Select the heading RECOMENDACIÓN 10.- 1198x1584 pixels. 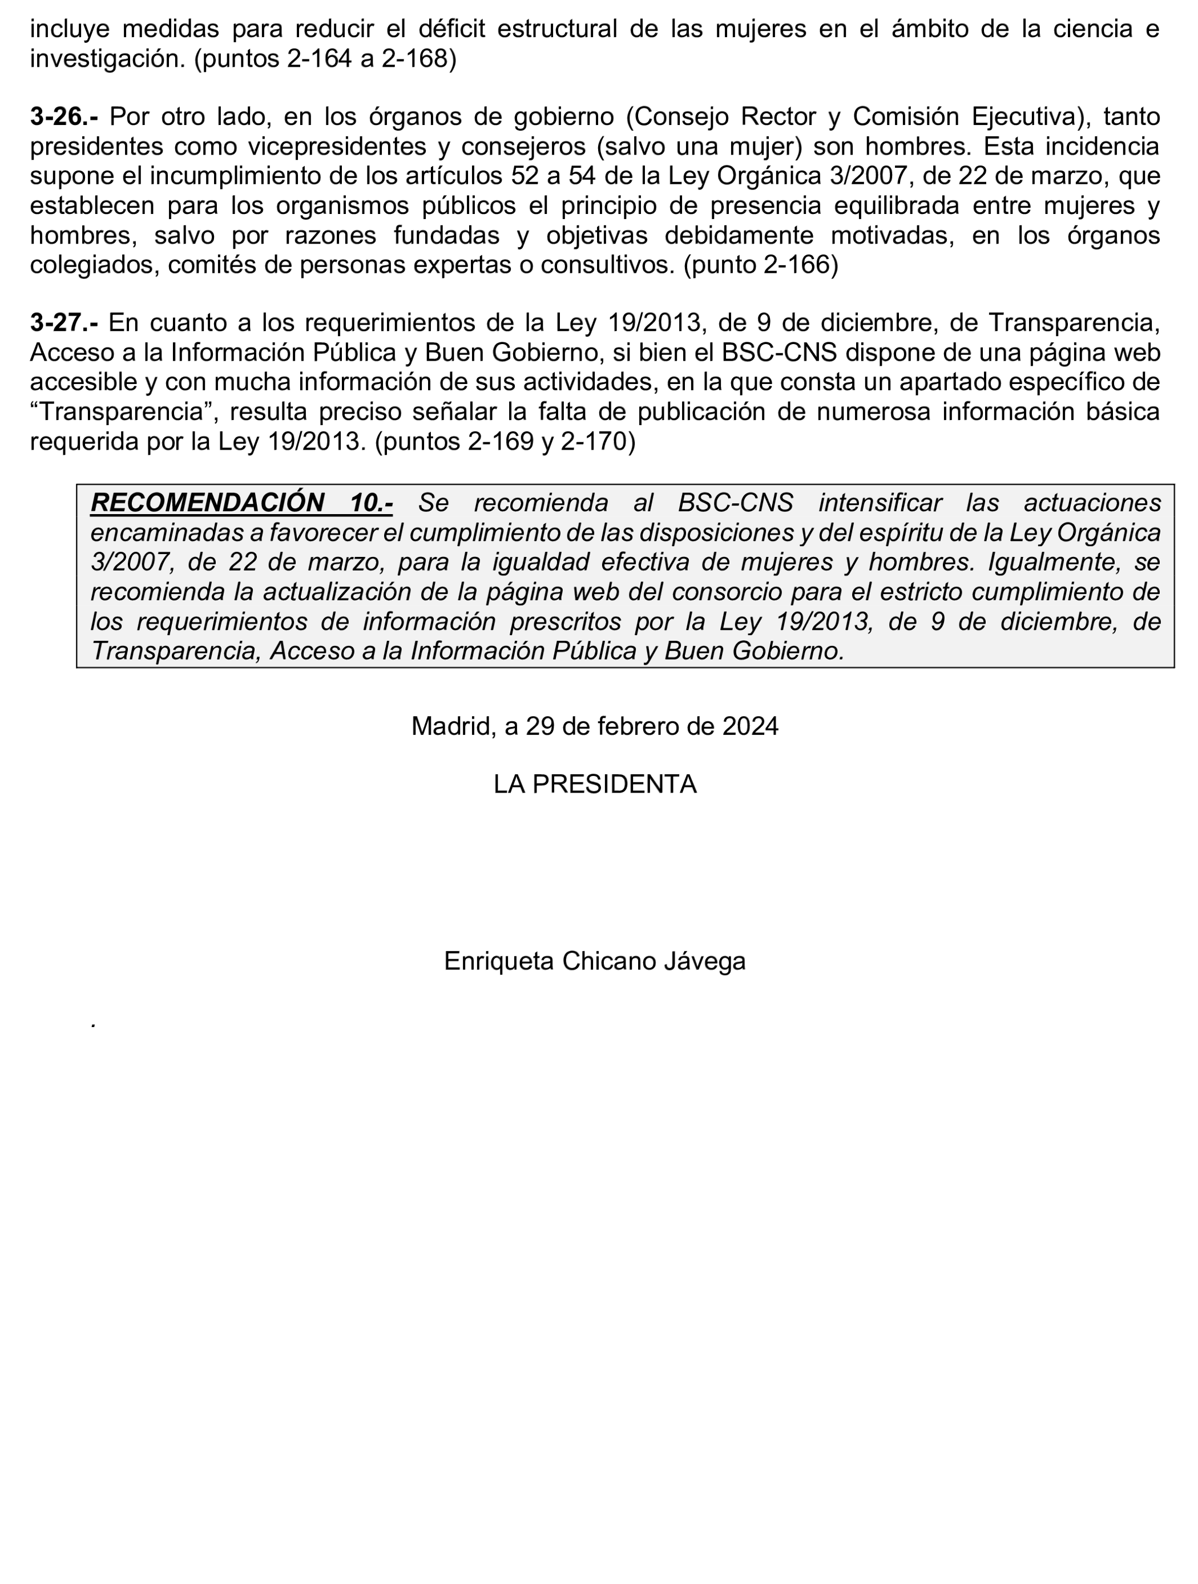pos(241,503)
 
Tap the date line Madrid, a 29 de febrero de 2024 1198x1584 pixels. pos(594,727)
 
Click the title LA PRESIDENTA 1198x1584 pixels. pos(594,785)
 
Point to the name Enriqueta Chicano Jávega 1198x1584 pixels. pos(594,961)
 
